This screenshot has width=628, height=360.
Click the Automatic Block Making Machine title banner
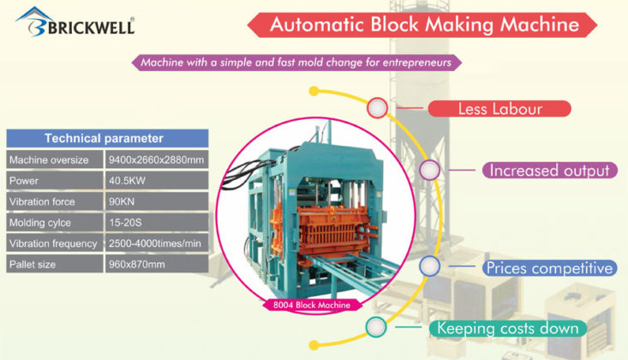(424, 24)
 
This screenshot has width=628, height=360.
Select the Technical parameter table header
(104, 138)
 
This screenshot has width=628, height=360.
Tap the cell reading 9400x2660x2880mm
(156, 160)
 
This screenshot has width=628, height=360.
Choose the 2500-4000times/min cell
(156, 243)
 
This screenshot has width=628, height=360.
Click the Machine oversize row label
(53, 160)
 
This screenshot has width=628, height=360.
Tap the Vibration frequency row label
(53, 243)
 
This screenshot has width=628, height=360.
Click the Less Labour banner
(499, 109)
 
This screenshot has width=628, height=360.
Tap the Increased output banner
(548, 170)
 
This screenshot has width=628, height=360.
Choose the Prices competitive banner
(548, 268)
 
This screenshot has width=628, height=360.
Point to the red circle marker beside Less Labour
(376, 108)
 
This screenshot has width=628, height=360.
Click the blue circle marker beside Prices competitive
(431, 267)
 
